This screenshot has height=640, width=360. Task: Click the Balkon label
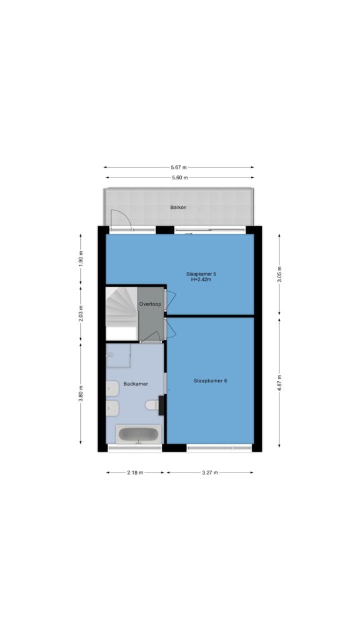tap(178, 207)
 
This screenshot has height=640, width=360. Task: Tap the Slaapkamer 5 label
tap(201, 274)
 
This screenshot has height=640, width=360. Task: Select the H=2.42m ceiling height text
tap(201, 279)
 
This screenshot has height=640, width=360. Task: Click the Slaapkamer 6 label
tap(210, 381)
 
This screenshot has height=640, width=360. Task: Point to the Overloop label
tap(150, 304)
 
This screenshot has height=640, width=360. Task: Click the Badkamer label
tap(136, 384)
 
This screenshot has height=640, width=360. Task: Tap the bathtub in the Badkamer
tap(138, 434)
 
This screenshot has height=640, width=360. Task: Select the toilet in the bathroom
tap(152, 405)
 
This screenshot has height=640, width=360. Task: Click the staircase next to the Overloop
tap(121, 312)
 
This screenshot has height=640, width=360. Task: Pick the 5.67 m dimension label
tap(179, 167)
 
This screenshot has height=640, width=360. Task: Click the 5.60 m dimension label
tap(179, 177)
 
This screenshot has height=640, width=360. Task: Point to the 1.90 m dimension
tap(81, 259)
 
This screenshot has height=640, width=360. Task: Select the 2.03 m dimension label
tap(81, 314)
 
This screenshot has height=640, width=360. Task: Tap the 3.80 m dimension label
tap(81, 394)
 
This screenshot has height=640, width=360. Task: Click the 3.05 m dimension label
tap(279, 275)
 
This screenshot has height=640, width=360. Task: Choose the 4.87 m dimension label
tap(279, 382)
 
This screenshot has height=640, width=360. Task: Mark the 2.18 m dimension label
tap(135, 472)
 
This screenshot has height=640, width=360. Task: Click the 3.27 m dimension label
tap(210, 472)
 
